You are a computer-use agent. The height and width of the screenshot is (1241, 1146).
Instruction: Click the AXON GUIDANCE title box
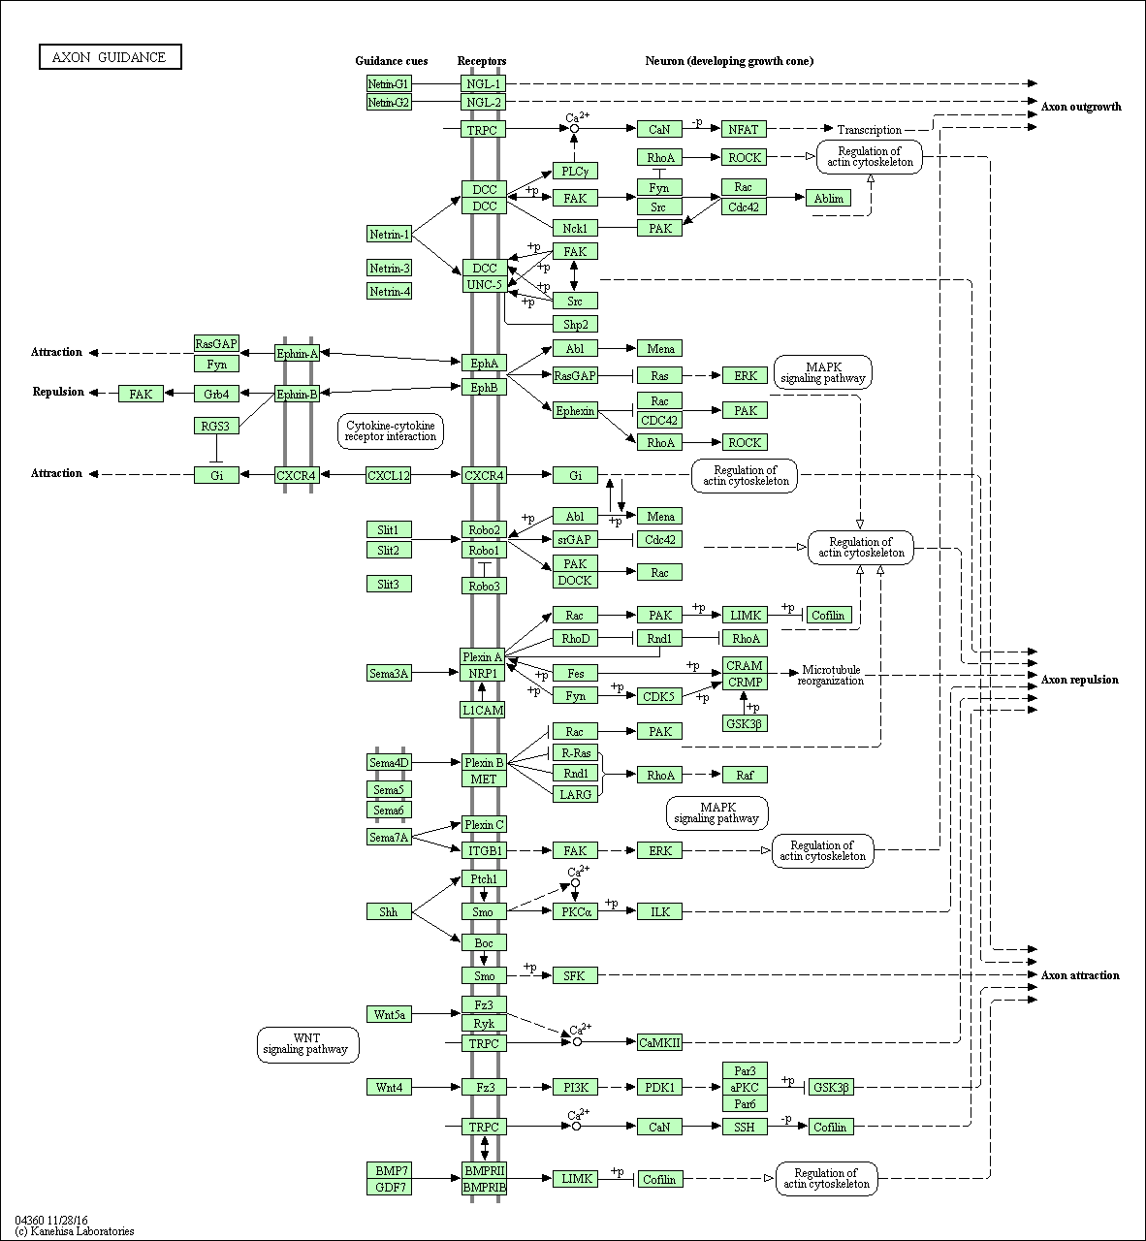click(x=110, y=57)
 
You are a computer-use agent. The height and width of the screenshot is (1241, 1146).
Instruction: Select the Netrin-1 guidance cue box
click(x=389, y=235)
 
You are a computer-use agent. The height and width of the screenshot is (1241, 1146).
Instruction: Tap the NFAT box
click(x=744, y=129)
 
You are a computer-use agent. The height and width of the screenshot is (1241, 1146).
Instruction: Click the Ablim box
click(x=828, y=198)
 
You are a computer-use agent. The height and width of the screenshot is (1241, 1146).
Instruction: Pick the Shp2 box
click(x=575, y=325)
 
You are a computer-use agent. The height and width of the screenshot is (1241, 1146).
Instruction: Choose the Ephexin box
click(x=575, y=410)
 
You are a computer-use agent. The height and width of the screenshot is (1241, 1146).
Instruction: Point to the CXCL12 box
click(x=389, y=475)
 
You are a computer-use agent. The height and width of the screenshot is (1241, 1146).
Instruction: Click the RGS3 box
click(x=216, y=427)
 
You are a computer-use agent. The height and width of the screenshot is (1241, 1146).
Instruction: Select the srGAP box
click(x=575, y=539)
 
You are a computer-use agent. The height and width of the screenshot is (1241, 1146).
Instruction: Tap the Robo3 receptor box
click(x=484, y=586)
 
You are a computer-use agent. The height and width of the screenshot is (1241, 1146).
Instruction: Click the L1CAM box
click(x=483, y=710)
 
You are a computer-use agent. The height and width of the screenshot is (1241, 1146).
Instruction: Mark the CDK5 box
click(x=659, y=696)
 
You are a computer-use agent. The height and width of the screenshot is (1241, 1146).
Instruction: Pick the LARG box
click(x=575, y=794)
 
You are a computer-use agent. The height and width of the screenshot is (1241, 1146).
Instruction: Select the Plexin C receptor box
click(x=484, y=824)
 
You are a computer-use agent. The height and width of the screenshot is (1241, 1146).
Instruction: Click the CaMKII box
click(x=659, y=1041)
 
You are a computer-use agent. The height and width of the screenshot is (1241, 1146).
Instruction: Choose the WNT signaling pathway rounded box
click(x=307, y=1044)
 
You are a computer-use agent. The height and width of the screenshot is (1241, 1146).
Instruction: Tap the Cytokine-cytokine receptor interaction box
click(x=391, y=431)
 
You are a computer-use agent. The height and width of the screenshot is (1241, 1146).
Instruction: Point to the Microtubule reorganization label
click(x=831, y=675)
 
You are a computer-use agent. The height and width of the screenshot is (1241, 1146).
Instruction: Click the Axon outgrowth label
click(x=1081, y=107)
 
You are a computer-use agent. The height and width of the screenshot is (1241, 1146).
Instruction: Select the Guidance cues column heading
click(x=392, y=61)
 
